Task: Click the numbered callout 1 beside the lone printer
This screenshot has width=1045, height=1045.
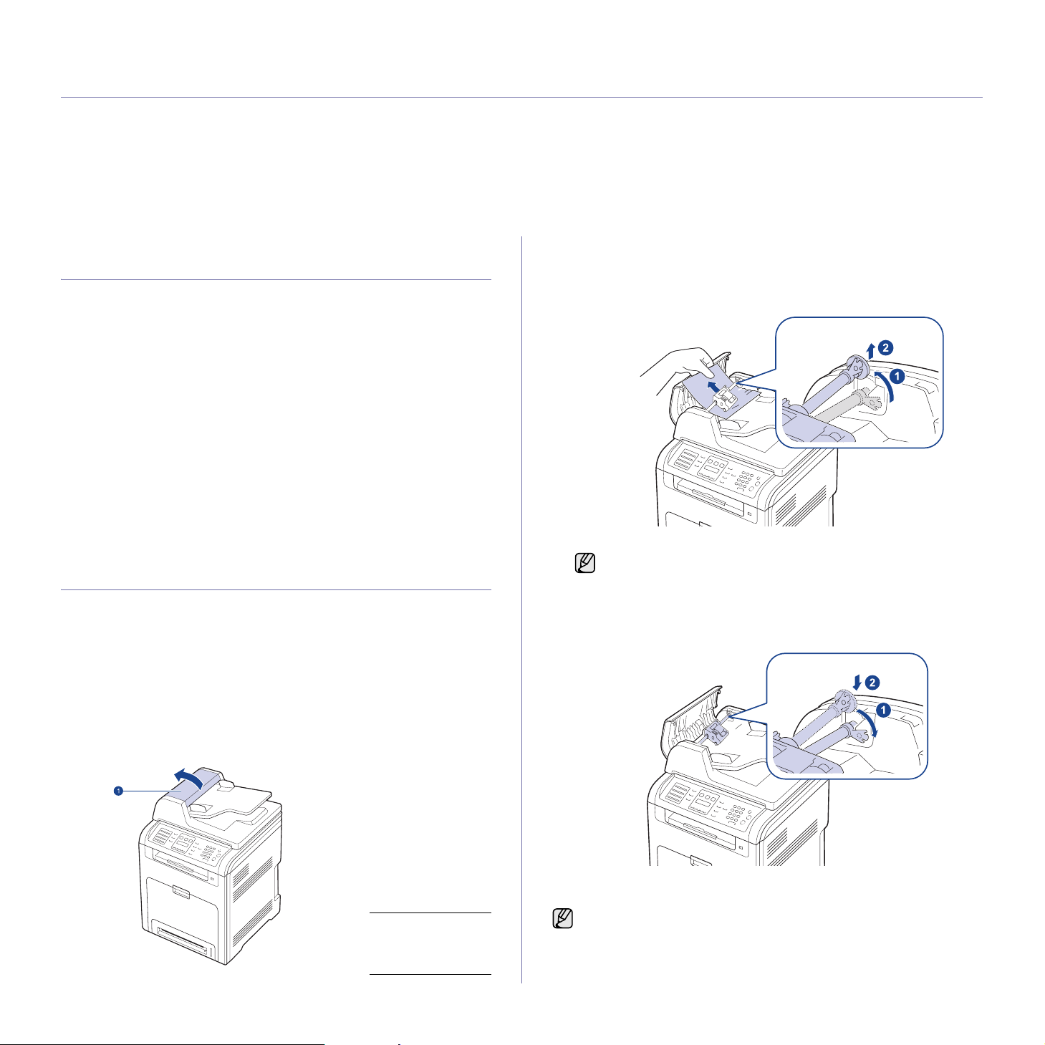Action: point(117,791)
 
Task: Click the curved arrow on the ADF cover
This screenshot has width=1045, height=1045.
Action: point(188,777)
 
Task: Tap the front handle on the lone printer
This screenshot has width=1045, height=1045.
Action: point(182,891)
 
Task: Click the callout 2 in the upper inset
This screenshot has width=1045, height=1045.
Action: point(885,347)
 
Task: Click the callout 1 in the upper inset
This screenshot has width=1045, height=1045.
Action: point(897,376)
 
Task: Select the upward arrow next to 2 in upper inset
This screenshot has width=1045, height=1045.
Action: point(870,352)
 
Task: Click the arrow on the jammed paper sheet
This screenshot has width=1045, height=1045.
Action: point(716,386)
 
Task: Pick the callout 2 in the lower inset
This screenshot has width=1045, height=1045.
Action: point(872,682)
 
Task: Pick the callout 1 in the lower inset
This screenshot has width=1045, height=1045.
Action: point(883,710)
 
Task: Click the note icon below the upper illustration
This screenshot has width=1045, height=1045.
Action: point(584,563)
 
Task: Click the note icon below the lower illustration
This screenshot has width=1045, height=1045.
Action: point(562,919)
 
